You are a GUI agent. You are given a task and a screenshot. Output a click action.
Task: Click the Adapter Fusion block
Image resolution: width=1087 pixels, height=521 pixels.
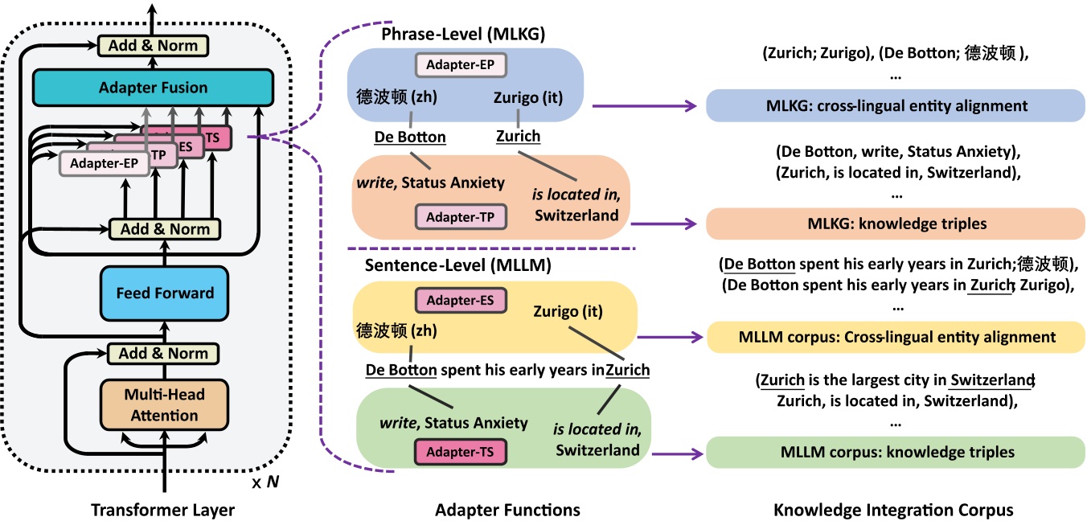153,88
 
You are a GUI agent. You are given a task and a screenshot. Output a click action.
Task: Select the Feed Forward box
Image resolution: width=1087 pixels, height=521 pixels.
164,293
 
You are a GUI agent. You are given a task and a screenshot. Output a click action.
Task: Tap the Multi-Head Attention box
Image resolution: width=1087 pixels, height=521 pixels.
164,405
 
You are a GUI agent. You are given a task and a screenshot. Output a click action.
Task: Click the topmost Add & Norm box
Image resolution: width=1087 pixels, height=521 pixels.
147,46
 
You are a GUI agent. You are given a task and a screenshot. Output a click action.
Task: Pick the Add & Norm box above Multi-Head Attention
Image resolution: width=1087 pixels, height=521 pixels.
164,353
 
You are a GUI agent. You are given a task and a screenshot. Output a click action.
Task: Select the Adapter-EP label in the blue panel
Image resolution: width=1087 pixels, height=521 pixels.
460,64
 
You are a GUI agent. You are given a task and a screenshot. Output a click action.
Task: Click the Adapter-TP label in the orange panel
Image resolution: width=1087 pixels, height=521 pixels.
460,216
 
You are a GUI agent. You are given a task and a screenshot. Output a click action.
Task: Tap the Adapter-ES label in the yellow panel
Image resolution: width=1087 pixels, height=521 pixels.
460,300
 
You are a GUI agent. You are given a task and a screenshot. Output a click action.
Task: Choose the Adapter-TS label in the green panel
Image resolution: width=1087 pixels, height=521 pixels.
460,452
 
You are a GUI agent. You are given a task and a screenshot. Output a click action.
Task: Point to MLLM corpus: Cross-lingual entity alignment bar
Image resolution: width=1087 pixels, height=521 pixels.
896,337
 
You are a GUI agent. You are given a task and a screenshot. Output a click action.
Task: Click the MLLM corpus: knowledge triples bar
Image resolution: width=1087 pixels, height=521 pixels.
896,453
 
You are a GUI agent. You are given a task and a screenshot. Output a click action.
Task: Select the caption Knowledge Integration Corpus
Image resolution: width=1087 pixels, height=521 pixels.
893,510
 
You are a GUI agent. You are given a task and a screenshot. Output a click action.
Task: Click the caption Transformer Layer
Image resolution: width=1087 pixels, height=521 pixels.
162,510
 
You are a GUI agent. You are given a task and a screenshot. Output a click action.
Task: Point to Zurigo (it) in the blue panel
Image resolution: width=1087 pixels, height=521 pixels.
527,96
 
